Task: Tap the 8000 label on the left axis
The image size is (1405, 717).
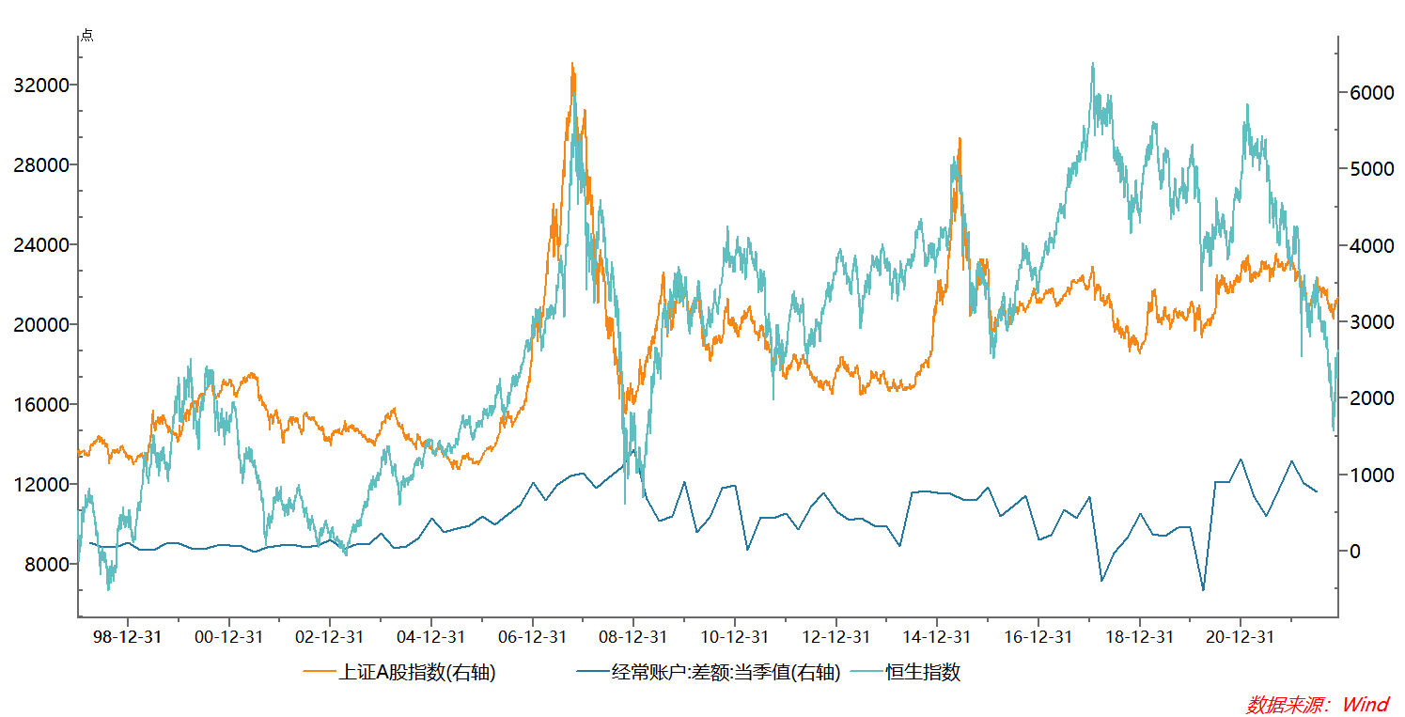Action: [48, 565]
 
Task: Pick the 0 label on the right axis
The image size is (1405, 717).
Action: [1354, 552]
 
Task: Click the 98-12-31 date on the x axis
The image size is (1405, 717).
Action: [128, 637]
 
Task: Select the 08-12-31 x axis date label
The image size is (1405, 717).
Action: [633, 637]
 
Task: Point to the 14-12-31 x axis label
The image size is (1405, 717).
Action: [936, 637]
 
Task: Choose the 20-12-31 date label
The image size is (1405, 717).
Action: [1240, 637]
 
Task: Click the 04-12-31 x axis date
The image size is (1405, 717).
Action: [430, 637]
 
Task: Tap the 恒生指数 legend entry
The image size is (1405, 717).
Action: [923, 673]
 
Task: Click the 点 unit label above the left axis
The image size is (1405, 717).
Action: [86, 36]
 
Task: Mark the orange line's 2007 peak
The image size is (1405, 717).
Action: [571, 64]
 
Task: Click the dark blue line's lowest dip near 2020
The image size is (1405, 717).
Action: [1203, 590]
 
